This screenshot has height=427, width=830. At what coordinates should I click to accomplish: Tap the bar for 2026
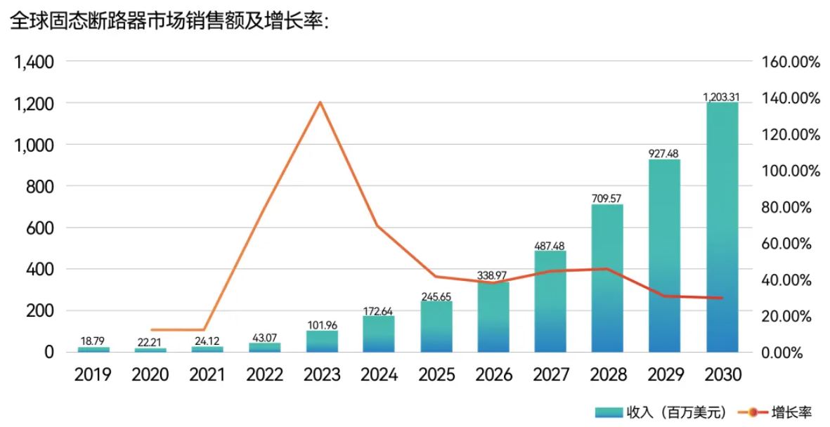pos(493,317)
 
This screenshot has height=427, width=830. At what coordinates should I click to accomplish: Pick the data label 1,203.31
pos(722,96)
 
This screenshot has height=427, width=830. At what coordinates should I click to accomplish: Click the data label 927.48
pos(664,153)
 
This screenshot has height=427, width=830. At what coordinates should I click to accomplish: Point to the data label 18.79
pos(93,341)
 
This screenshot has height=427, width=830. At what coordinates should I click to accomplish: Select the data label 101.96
pos(322,324)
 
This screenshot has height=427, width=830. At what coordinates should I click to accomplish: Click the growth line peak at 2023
pos(320,103)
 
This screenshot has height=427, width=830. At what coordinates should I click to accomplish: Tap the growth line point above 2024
pos(378,225)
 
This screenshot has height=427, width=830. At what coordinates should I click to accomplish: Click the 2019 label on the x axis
pos(93,374)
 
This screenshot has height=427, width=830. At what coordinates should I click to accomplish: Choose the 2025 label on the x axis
pos(436,374)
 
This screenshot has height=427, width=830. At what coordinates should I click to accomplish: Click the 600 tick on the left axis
pos(41,228)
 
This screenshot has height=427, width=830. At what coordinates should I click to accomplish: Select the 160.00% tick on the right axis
pos(791,62)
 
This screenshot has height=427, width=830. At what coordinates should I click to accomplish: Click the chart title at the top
pos(169,21)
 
